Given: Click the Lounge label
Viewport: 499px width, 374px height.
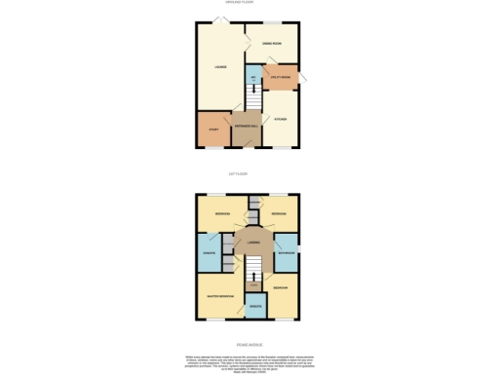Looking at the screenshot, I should pos(221,66).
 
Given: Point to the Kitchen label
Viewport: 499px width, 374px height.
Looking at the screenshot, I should pos(281,120).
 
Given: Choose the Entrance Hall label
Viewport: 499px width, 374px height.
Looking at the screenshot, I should pos(246,128).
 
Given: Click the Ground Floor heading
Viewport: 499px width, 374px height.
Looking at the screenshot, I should pos(249,4).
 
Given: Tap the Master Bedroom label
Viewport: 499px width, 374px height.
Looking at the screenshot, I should pos(217,295).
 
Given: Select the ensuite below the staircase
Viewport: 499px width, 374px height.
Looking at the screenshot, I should pos(254,309).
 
